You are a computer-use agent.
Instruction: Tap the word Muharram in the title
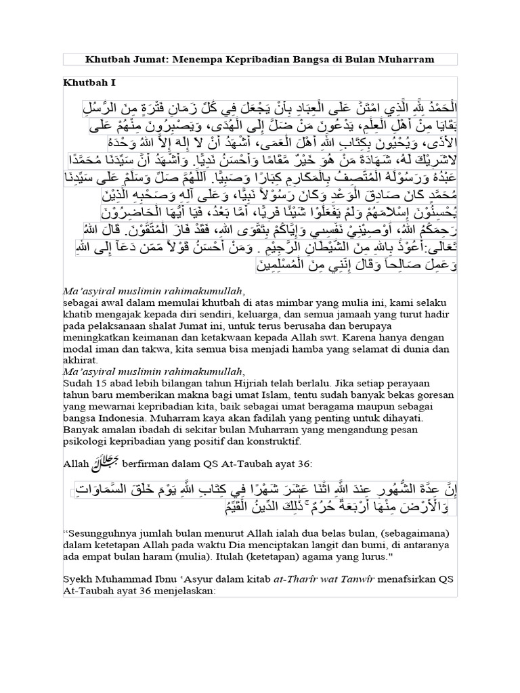tap(406, 60)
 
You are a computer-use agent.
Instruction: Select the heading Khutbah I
tap(90, 83)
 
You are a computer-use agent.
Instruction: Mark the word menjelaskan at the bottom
tap(182, 590)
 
